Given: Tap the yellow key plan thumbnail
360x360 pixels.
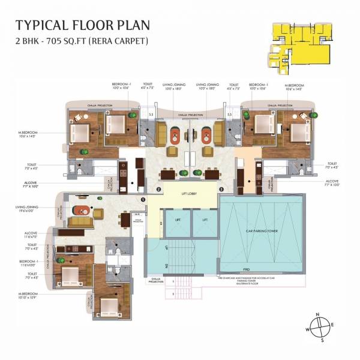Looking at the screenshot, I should pos(301,43).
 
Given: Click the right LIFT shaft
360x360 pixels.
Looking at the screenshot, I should pos(204,221).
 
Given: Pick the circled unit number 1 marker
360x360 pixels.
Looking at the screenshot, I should pos(143,199).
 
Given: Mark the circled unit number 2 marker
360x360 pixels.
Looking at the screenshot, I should pos(157,190).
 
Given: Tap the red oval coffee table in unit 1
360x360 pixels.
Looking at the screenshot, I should pos(80,211).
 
